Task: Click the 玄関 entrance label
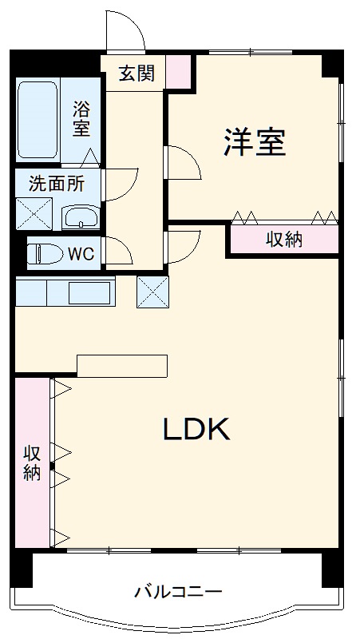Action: [x=137, y=74]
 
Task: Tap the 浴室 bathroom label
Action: [x=81, y=119]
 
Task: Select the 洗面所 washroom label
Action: [x=56, y=183]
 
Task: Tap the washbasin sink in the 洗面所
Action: [x=81, y=216]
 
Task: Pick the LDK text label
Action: [x=196, y=430]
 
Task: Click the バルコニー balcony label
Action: [x=177, y=592]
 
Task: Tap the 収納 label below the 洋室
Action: [x=283, y=239]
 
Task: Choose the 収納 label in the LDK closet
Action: [x=31, y=462]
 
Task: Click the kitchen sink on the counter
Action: [x=89, y=292]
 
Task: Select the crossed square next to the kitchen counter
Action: [x=152, y=291]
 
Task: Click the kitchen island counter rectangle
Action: [x=122, y=365]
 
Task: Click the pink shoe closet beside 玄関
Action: [x=180, y=71]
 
